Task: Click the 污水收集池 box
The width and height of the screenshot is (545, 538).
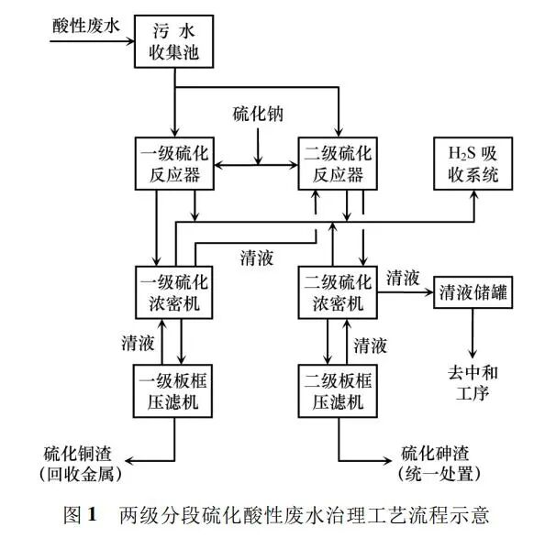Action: (175, 41)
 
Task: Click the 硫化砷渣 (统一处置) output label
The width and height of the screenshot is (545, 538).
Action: (439, 463)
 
